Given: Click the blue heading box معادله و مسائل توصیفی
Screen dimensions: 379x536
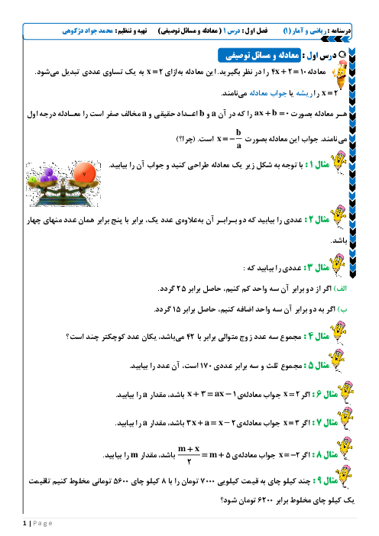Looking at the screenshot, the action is point(259,56).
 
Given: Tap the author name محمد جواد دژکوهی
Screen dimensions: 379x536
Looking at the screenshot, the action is point(88,31).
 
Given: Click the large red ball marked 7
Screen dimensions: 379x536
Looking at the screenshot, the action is point(85,173).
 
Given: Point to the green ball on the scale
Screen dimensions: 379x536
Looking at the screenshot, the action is point(33,179).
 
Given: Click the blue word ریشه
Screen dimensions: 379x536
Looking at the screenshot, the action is point(304,93).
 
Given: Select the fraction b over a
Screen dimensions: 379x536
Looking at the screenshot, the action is point(238,139).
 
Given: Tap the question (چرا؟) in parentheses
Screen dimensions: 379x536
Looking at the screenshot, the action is point(186,140).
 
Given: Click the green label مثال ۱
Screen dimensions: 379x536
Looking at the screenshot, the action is point(317,165).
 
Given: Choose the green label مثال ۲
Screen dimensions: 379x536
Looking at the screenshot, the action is point(317,219).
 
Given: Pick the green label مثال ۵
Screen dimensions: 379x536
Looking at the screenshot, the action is point(317,366).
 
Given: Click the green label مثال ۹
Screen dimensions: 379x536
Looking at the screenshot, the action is point(326,481).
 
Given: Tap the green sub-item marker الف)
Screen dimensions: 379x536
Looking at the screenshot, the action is point(340,289).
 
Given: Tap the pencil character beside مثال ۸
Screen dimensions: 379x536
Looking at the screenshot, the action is point(345,448).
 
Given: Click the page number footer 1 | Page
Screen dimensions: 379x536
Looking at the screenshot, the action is point(37,523).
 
